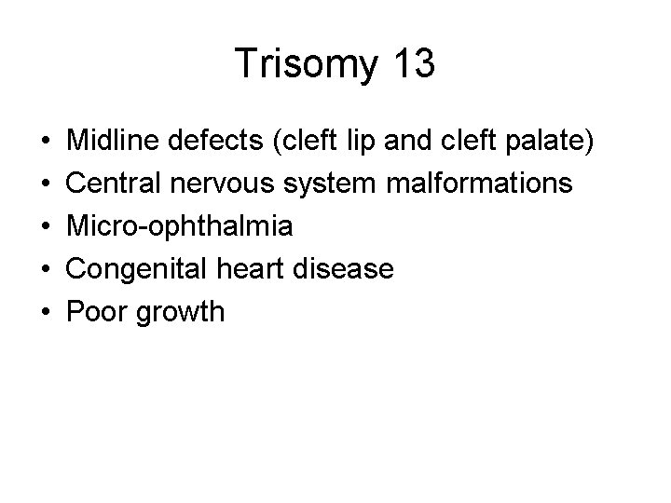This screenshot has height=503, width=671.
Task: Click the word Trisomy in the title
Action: pos(307,63)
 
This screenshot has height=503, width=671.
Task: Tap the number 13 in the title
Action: pos(414,62)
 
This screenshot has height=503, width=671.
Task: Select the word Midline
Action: pos(113,140)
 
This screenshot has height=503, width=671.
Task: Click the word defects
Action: pos(215,140)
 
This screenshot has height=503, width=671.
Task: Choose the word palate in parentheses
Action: pos(544,141)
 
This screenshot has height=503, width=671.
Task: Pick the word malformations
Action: pos(479,183)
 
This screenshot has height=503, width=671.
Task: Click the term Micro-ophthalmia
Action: pos(180,225)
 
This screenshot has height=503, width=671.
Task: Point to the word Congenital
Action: pos(136,269)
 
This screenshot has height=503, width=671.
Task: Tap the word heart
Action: pos(251,268)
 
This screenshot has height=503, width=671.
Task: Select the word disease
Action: pos(343,268)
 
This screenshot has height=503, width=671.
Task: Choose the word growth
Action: pos(180,313)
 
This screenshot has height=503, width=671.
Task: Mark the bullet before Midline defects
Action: pos(46,140)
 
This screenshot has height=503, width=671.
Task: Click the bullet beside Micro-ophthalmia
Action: pos(46,225)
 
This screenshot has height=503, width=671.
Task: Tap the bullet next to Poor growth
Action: pos(46,311)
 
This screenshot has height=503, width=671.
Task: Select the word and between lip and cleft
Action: pos(407,140)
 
